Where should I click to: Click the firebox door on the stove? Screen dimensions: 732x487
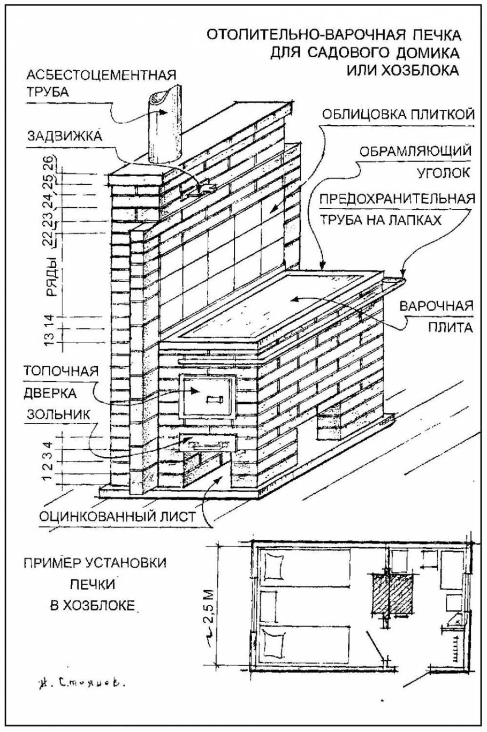click(208, 396)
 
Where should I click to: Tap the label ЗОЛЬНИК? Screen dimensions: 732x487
click(53, 414)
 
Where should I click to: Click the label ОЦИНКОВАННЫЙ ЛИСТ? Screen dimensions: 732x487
click(117, 517)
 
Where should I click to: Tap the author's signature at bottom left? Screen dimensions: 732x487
click(81, 683)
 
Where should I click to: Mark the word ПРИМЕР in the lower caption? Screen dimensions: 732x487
click(47, 564)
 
